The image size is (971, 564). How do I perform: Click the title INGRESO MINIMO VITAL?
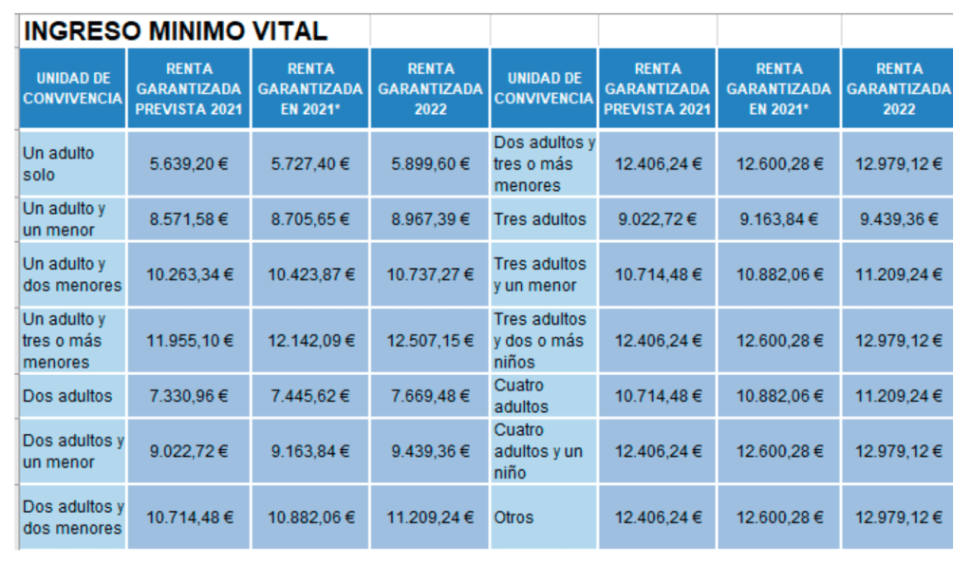click(175, 31)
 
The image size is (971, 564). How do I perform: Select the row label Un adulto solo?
click(59, 163)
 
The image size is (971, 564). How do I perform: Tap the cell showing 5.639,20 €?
click(189, 163)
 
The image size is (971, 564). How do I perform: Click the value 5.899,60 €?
click(430, 163)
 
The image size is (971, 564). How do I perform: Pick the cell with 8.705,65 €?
click(309, 219)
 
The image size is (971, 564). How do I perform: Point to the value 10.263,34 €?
click(189, 274)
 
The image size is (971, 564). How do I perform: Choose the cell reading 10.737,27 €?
click(430, 274)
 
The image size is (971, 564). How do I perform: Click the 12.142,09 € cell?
click(309, 340)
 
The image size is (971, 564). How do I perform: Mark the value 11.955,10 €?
click(189, 340)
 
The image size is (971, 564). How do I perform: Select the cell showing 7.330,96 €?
click(189, 396)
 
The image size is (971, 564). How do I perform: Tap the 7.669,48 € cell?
click(430, 396)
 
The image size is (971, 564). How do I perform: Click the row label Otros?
click(514, 517)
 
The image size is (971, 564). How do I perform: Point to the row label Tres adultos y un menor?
click(540, 274)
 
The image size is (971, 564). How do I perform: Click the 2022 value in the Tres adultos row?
click(898, 219)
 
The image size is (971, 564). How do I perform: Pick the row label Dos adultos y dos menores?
click(73, 517)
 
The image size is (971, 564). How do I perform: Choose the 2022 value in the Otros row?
click(898, 517)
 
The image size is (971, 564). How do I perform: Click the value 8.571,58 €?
click(189, 219)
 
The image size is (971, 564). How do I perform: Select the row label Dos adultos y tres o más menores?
click(544, 163)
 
